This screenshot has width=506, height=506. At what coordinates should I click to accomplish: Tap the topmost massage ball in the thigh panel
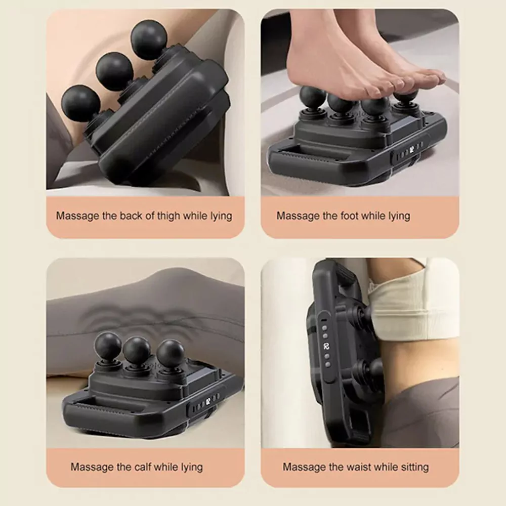point(149,40)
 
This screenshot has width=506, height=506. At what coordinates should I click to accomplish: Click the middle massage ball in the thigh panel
point(114,71)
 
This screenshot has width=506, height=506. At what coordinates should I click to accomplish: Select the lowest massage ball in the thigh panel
point(80,103)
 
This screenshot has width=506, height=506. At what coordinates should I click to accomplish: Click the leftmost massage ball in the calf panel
point(108,345)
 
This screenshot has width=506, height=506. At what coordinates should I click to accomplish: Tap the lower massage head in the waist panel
point(371,370)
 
